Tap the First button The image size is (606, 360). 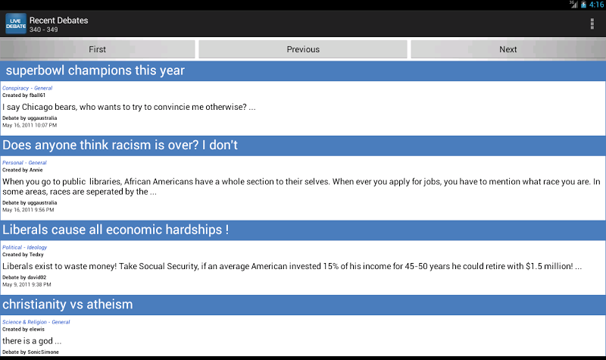[x=98, y=49]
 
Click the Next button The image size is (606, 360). [x=508, y=49]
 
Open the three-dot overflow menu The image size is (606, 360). [x=592, y=24]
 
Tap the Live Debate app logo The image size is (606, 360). [x=16, y=23]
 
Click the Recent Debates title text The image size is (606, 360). [x=59, y=20]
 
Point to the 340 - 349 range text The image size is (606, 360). [x=44, y=30]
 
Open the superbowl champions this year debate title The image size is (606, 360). [x=95, y=70]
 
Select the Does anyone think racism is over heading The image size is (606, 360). [x=120, y=145]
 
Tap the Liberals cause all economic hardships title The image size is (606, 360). [x=116, y=230]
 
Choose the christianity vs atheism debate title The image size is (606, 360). [x=67, y=305]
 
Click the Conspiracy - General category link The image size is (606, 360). [x=27, y=88]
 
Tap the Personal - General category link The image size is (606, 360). [x=24, y=163]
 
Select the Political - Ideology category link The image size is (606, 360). [x=25, y=248]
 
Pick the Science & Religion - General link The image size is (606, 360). [x=36, y=322]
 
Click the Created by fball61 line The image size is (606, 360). [x=23, y=95]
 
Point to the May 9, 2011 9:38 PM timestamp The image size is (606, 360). [x=27, y=285]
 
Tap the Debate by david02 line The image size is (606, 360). [x=24, y=277]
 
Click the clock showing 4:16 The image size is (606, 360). [x=596, y=5]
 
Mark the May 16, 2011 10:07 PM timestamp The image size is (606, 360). [x=30, y=125]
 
